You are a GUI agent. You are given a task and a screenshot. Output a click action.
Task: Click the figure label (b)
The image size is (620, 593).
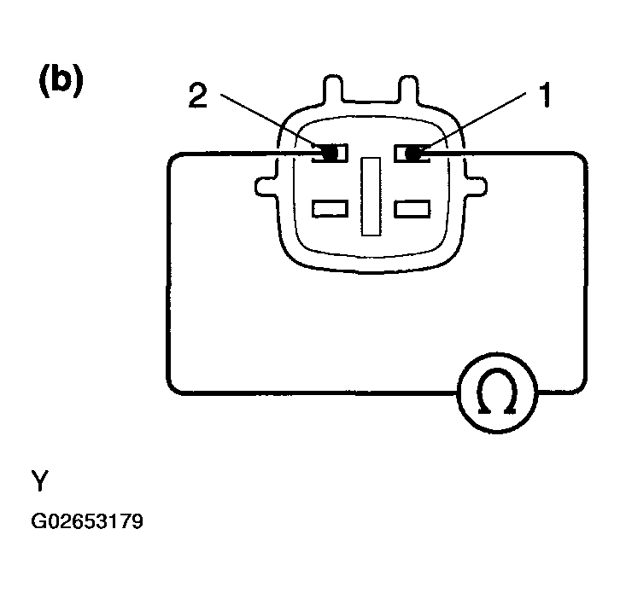click(61, 79)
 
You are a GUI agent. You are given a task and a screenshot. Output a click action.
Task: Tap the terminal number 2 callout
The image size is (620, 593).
click(198, 95)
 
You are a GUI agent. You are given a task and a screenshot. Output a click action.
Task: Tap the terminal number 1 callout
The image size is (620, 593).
click(545, 95)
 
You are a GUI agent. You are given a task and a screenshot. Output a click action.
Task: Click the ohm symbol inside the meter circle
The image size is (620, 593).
click(497, 392)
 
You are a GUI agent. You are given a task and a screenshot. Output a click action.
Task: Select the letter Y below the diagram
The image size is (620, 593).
click(40, 480)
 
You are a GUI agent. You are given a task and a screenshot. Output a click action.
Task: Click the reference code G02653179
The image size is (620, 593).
click(87, 521)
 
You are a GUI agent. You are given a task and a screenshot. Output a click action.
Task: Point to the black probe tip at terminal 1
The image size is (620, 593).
click(412, 154)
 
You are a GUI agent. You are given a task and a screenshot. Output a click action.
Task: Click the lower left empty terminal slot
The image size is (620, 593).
click(330, 208)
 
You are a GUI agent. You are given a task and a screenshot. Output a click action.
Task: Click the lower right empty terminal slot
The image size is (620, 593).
click(412, 208)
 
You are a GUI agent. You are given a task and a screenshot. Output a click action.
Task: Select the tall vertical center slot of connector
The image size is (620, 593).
click(371, 196)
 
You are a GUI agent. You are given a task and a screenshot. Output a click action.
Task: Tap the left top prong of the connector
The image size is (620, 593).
click(333, 89)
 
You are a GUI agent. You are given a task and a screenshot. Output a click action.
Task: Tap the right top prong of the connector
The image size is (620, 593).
click(408, 89)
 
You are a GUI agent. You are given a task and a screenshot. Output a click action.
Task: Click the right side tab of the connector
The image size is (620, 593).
click(476, 186)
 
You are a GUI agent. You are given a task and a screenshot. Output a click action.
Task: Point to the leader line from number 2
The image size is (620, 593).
click(270, 120)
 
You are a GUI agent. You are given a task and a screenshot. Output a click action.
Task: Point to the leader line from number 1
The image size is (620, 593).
click(474, 120)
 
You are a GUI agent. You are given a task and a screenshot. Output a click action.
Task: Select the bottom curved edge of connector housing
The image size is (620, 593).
click(371, 272)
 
